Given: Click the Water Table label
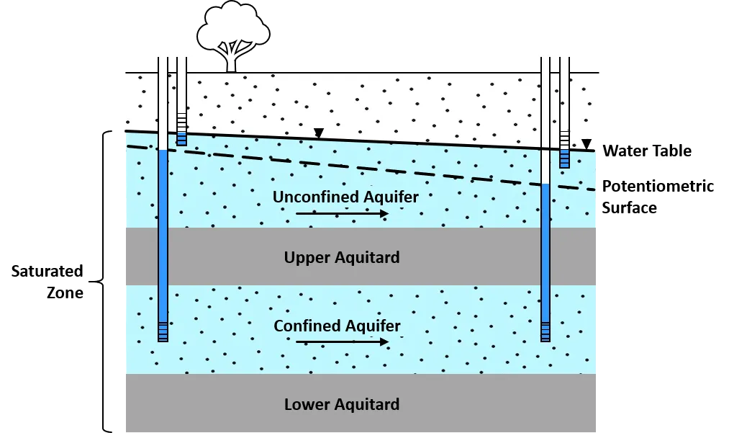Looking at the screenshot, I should click(x=647, y=151).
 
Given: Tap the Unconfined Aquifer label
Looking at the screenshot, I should click(x=345, y=197).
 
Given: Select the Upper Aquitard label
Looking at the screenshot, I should click(x=342, y=257).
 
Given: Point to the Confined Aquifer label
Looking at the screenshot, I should click(x=337, y=326).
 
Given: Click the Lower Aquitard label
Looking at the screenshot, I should click(x=342, y=404).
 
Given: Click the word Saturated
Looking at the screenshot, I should click(x=47, y=272).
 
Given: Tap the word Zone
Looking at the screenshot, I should click(x=65, y=293).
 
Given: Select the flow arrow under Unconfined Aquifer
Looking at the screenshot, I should click(x=342, y=213).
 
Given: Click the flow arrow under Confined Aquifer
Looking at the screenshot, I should click(x=342, y=342).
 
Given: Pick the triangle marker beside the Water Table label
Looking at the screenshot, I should click(x=587, y=143).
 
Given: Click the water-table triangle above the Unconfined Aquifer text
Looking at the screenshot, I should click(x=319, y=133).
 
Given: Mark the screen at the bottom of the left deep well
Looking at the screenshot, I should click(x=163, y=332).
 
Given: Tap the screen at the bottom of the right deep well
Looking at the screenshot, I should click(x=545, y=331).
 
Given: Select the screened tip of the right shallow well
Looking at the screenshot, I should click(x=564, y=150).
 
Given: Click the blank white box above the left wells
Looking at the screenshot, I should click(x=155, y=45).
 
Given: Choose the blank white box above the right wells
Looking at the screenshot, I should click(x=538, y=46).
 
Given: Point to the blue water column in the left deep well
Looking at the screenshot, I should click(x=163, y=231).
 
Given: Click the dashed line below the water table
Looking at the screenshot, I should click(x=360, y=168).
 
